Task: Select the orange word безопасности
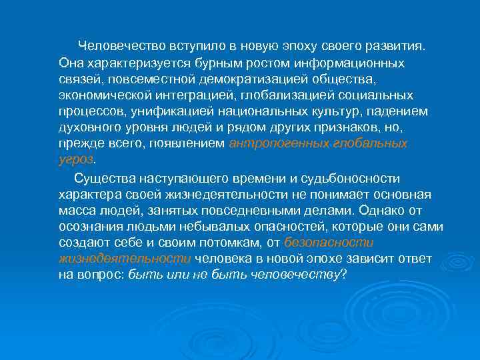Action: [x=329, y=243]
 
